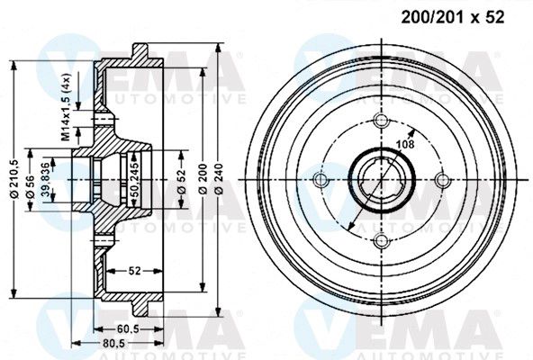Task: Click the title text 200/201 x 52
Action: pyautogui.click(x=453, y=17)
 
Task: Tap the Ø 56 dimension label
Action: pyautogui.click(x=30, y=186)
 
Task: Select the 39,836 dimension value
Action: pyautogui.click(x=45, y=180)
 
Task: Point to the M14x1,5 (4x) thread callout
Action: pyautogui.click(x=65, y=107)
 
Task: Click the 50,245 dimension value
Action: pyautogui.click(x=135, y=179)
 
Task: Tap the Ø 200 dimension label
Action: pyautogui.click(x=203, y=179)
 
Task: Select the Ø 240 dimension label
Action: pyautogui.click(x=220, y=179)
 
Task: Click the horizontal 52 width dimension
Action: pyautogui.click(x=135, y=271)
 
